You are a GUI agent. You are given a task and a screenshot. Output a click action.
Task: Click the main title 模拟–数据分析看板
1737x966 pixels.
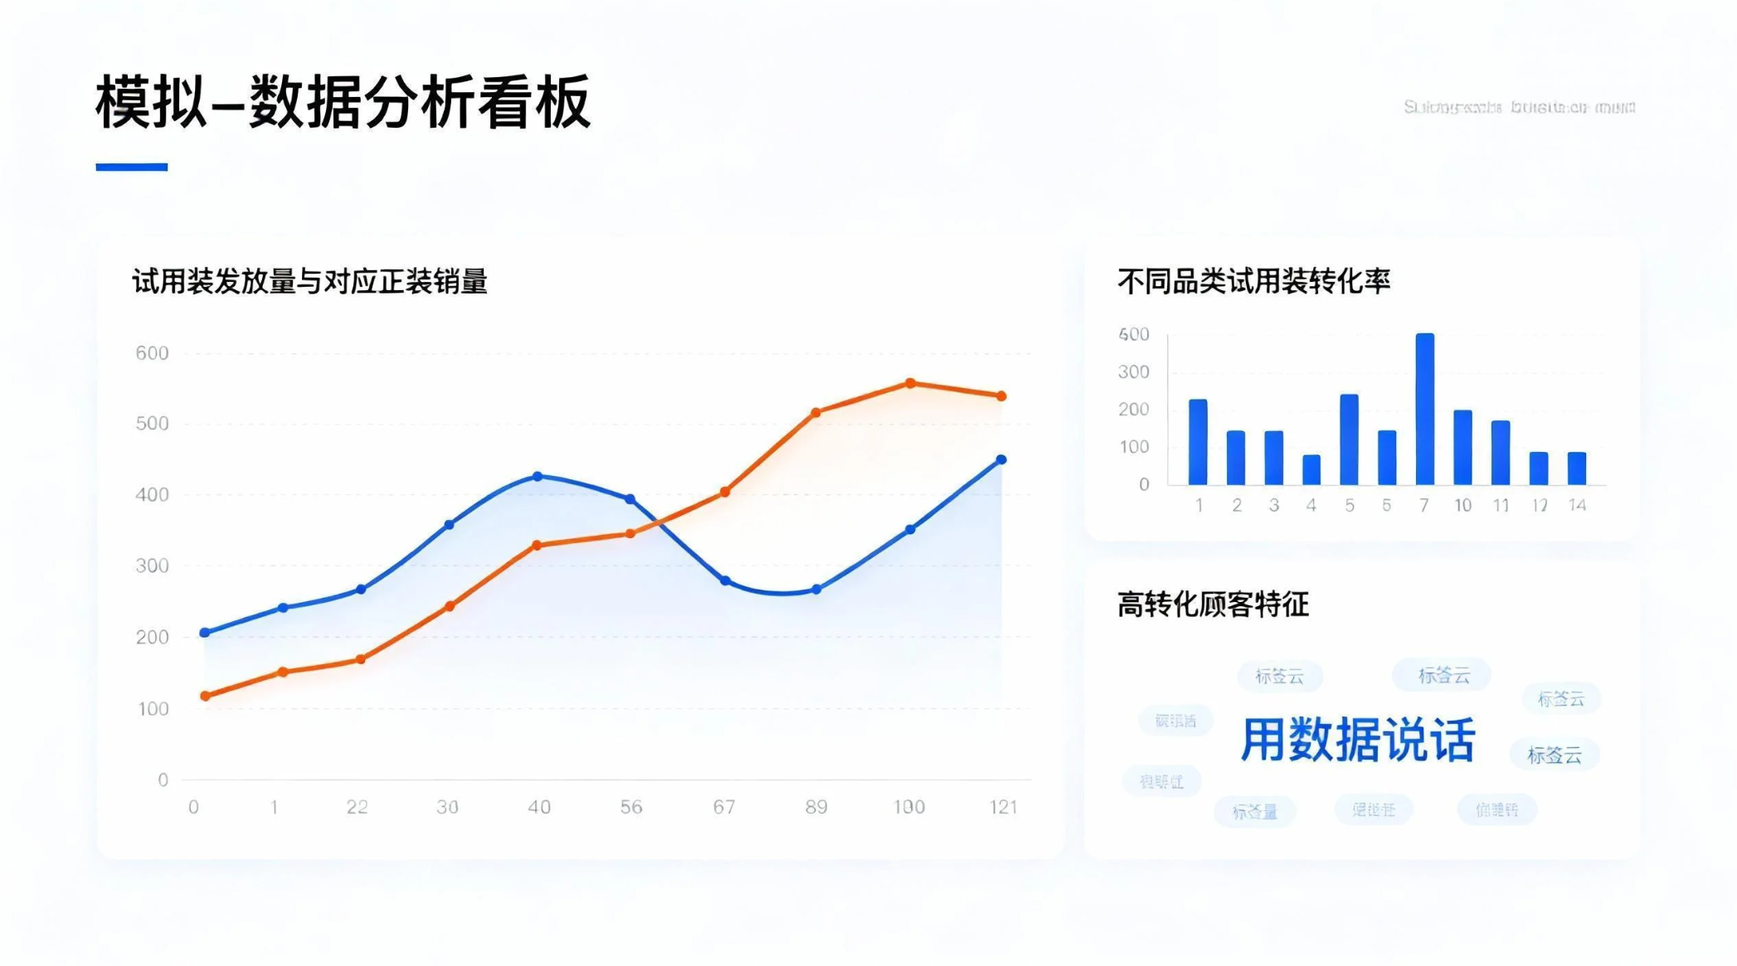click(343, 102)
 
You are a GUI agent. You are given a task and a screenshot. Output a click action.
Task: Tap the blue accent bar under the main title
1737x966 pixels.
click(131, 167)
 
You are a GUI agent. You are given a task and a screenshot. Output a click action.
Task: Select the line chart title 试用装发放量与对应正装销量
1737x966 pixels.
click(309, 282)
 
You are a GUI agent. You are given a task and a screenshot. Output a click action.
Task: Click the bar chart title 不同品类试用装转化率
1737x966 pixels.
click(1253, 282)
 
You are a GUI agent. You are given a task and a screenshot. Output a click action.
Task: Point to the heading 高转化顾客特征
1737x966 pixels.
click(1213, 604)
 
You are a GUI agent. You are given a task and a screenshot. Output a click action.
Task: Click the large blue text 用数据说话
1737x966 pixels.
click(1358, 740)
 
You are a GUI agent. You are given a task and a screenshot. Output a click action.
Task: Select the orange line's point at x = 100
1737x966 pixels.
click(910, 383)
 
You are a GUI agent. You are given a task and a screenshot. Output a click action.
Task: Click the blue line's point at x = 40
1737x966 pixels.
click(538, 477)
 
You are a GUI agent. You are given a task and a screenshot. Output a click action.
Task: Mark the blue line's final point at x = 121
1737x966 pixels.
click(1001, 459)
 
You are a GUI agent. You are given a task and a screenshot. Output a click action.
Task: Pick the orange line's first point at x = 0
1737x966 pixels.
click(205, 696)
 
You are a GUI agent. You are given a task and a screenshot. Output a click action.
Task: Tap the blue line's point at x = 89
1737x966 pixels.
click(816, 590)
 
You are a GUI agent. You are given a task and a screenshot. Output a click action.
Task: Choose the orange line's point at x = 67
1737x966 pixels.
click(724, 492)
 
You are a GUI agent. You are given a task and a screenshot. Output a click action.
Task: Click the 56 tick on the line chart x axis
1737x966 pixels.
click(630, 807)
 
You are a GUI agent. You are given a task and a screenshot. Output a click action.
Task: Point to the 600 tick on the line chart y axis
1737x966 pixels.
click(152, 353)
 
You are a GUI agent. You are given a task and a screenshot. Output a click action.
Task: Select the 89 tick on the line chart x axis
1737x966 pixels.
click(816, 807)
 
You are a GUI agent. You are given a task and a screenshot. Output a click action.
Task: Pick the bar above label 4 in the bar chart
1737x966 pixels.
click(1311, 469)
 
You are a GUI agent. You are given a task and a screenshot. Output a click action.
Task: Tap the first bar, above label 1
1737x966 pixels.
click(1198, 442)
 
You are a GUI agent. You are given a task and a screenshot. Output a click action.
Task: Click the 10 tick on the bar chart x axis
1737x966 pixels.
click(1462, 505)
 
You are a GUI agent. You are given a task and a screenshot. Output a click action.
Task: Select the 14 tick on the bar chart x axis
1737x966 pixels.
click(1577, 505)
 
